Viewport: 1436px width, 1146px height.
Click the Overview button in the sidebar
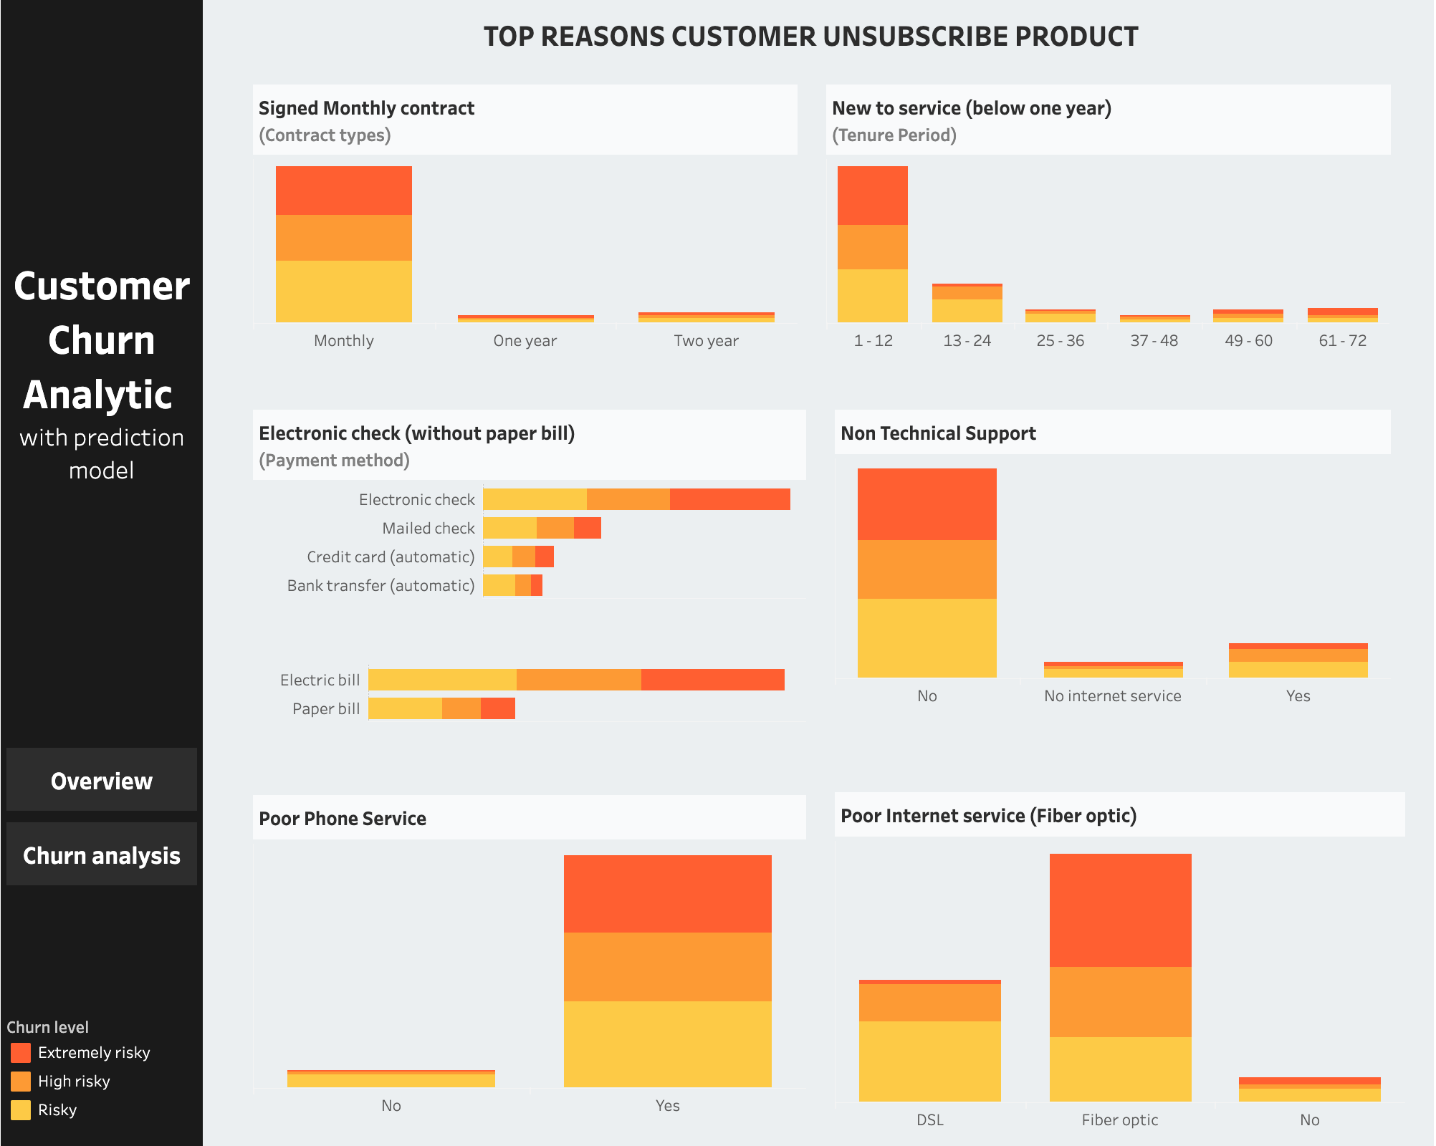(101, 780)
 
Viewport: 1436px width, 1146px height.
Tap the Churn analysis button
(101, 854)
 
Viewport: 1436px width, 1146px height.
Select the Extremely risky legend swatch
(21, 1052)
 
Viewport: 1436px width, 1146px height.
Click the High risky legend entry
(73, 1081)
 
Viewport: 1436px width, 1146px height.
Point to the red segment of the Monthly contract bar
(343, 191)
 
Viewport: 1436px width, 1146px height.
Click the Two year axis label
(706, 341)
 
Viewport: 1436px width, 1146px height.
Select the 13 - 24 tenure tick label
(967, 341)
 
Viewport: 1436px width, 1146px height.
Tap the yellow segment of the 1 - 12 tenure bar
(872, 295)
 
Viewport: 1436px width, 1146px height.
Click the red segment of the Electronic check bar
(729, 499)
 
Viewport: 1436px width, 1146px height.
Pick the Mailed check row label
(428, 529)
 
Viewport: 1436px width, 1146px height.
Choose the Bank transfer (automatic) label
(380, 586)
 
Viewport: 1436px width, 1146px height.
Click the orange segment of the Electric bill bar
(578, 680)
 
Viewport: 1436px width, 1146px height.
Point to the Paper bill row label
(326, 709)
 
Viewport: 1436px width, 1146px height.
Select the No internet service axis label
(1112, 696)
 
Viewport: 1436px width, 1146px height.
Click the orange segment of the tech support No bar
(927, 569)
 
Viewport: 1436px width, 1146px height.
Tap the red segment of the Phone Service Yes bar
(667, 893)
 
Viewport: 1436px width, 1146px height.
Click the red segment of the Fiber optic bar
(1120, 910)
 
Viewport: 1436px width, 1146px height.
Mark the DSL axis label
(929, 1120)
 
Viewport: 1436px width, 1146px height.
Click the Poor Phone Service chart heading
(343, 819)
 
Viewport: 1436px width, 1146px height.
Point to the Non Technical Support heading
(938, 433)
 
